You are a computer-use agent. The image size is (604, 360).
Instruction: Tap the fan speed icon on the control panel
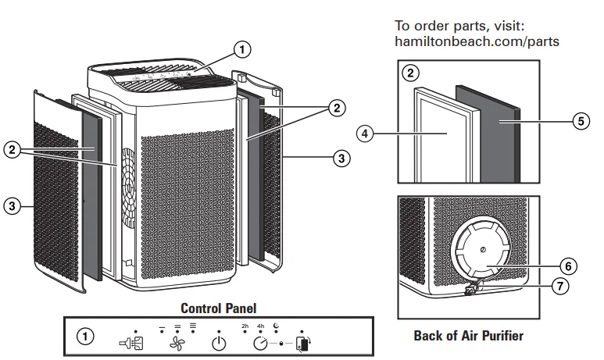pyautogui.click(x=176, y=342)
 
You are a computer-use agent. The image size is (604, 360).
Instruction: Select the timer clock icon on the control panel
pyautogui.click(x=261, y=341)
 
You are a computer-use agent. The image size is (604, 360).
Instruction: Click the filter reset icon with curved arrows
pyautogui.click(x=304, y=342)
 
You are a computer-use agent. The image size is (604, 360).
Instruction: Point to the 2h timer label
pyautogui.click(x=244, y=324)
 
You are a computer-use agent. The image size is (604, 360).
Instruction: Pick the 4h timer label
pyautogui.click(x=262, y=324)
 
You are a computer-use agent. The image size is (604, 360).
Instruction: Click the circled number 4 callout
pyautogui.click(x=365, y=133)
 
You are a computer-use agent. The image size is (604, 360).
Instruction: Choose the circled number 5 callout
pyautogui.click(x=580, y=122)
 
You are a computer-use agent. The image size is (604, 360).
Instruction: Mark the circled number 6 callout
pyautogui.click(x=570, y=266)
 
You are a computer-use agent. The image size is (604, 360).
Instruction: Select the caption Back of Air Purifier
pyautogui.click(x=468, y=336)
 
